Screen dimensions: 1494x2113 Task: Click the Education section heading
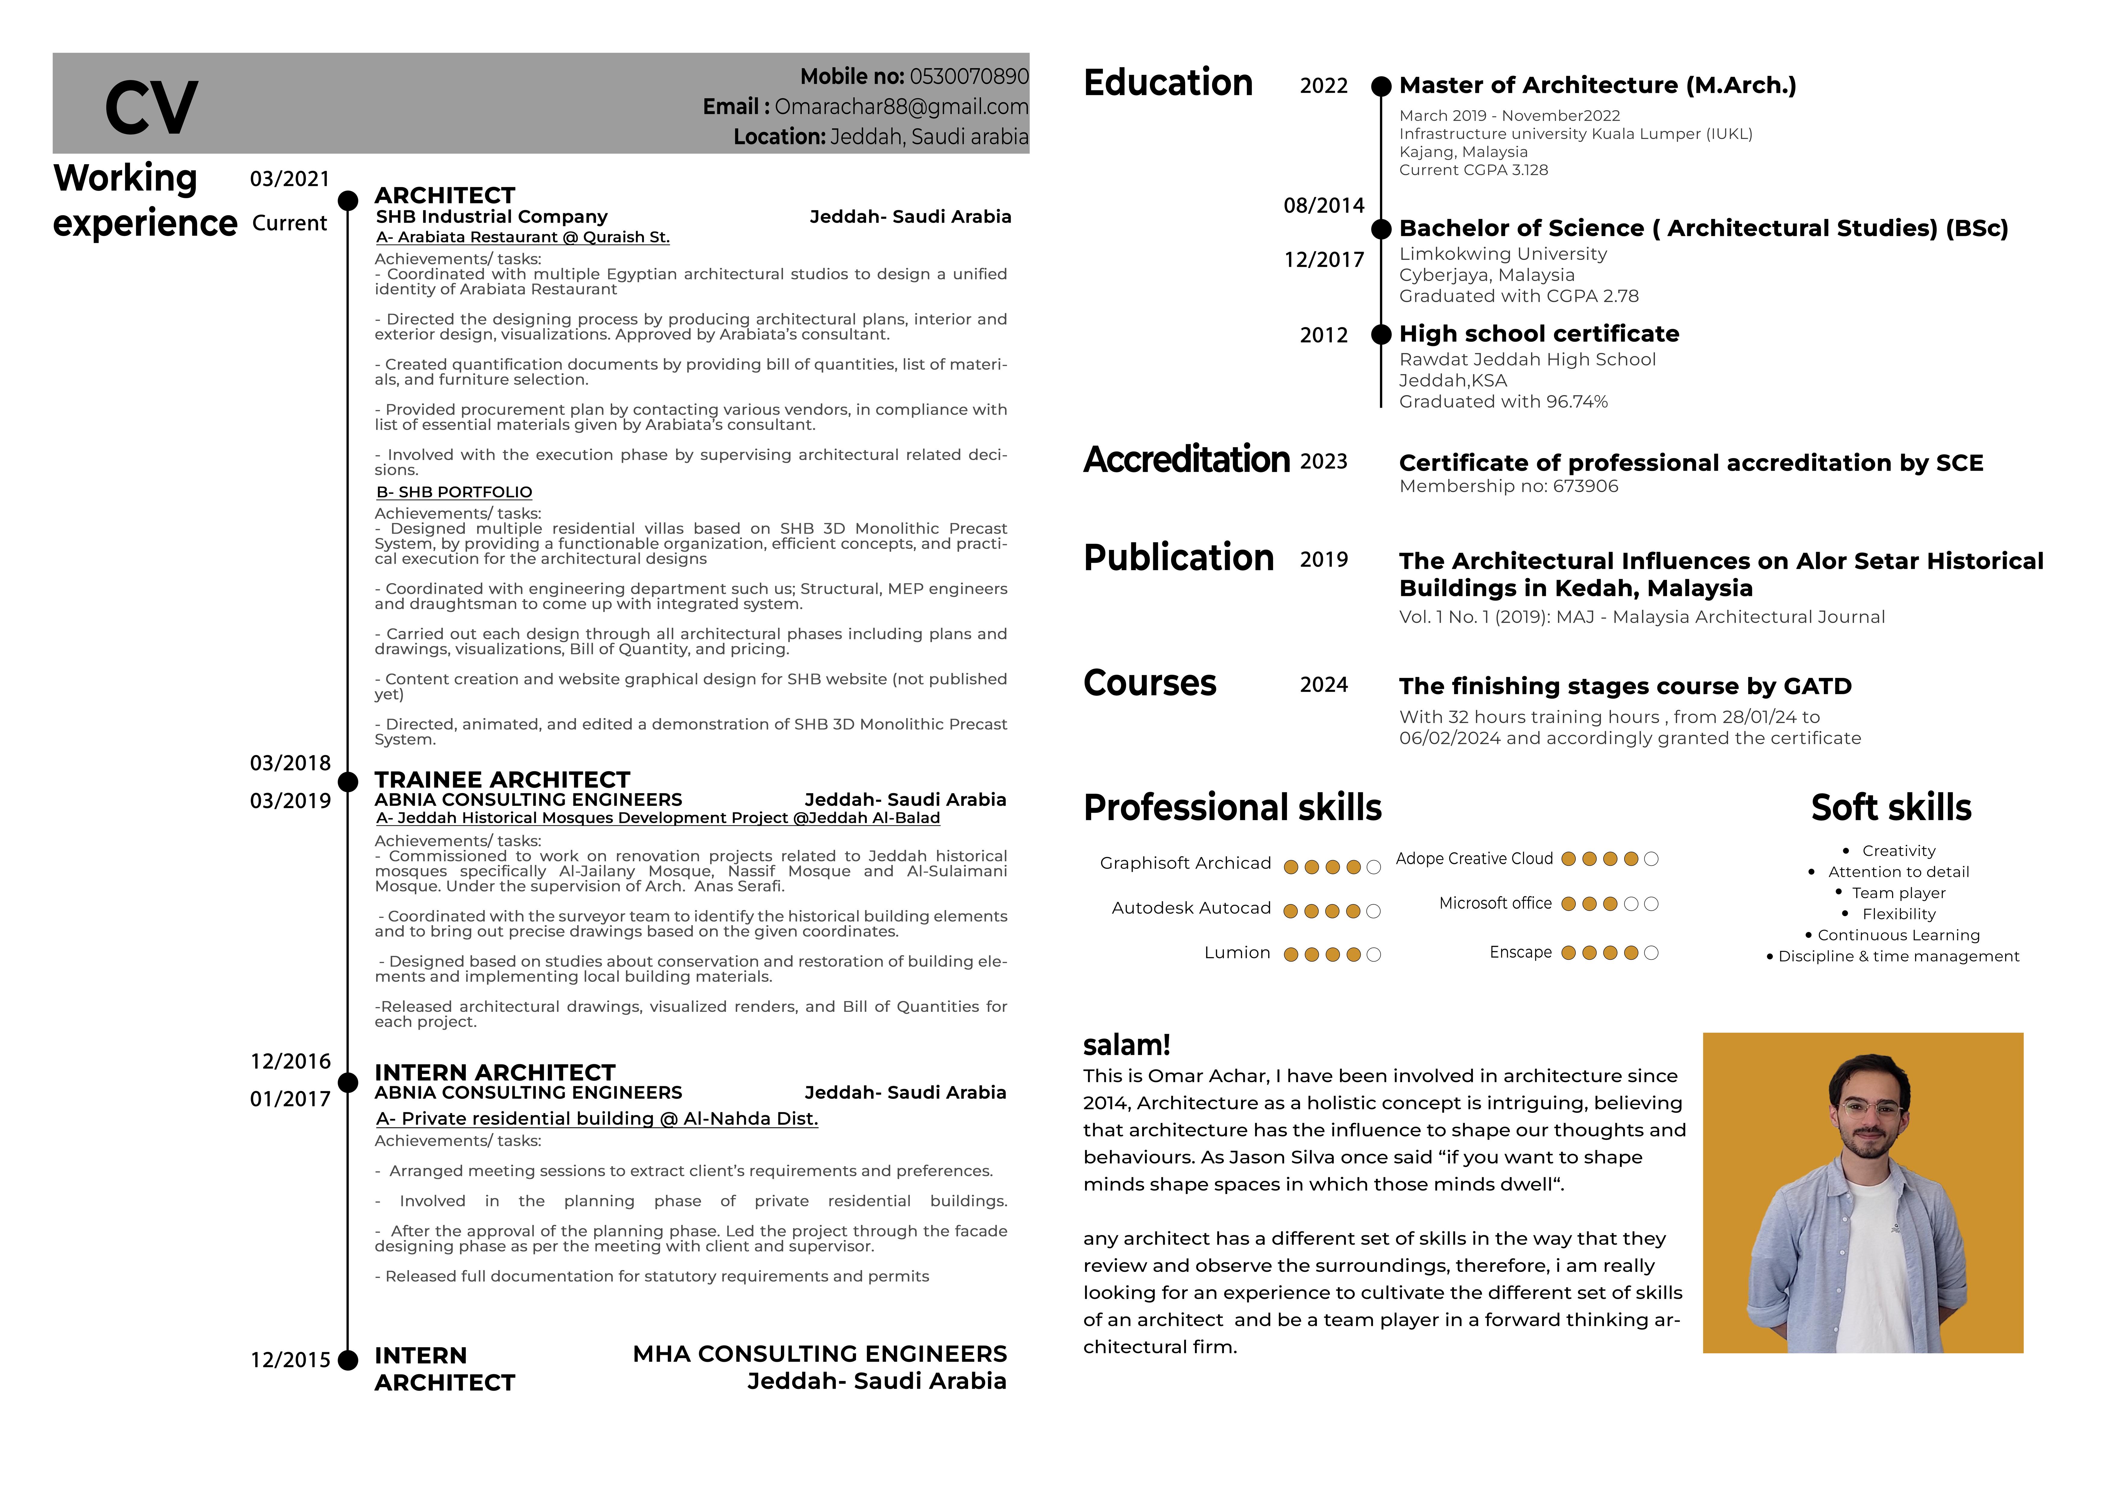(1168, 83)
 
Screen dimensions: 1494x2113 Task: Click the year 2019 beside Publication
(1323, 560)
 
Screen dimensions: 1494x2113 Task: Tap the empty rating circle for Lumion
(1374, 955)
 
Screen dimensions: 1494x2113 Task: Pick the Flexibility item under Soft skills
(1899, 914)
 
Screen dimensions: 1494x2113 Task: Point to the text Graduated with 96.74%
(1503, 401)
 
